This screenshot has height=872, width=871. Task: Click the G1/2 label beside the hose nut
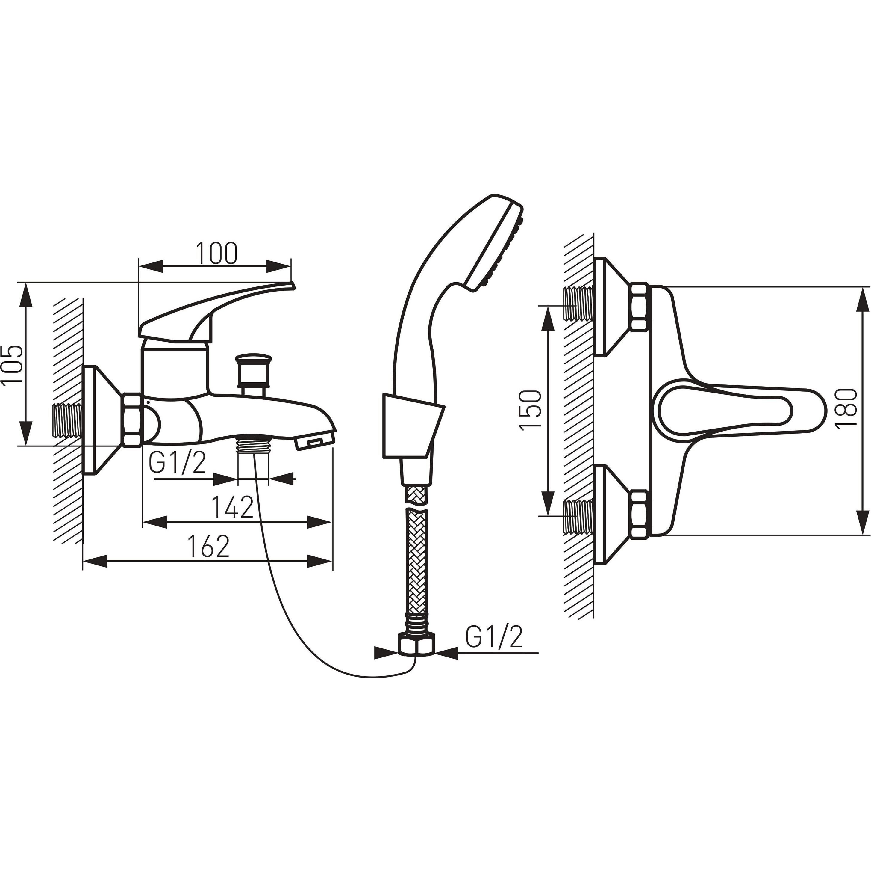pos(494,636)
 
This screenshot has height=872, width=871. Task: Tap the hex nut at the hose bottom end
pos(417,643)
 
